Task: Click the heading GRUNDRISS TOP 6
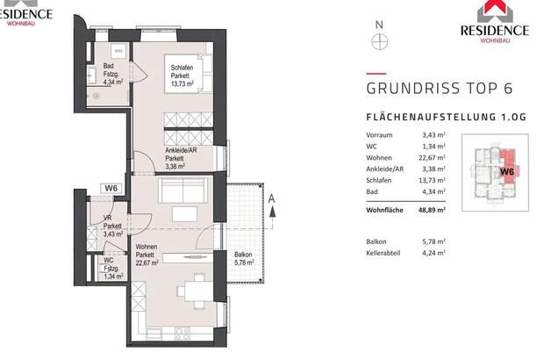coord(438,89)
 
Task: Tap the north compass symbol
coord(379,40)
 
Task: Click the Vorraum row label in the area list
coord(380,135)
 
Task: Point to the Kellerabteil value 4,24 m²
coord(433,253)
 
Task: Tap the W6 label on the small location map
coord(507,172)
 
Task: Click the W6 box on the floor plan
coord(111,187)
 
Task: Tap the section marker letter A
coord(273,198)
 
